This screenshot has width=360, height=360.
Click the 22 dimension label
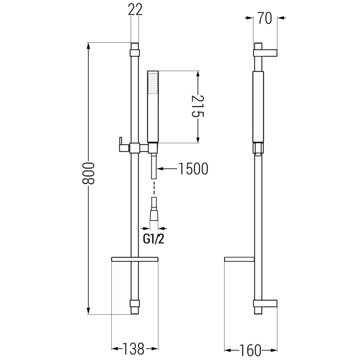click(x=135, y=9)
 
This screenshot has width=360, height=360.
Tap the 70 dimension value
click(x=265, y=18)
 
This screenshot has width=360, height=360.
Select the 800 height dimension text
click(x=88, y=173)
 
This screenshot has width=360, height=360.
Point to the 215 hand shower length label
click(x=198, y=106)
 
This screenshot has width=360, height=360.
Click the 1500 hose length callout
click(x=193, y=169)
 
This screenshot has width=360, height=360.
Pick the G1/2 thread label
click(x=153, y=239)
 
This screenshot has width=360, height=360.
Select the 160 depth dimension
click(x=250, y=350)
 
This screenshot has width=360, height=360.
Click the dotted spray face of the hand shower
click(x=153, y=83)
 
